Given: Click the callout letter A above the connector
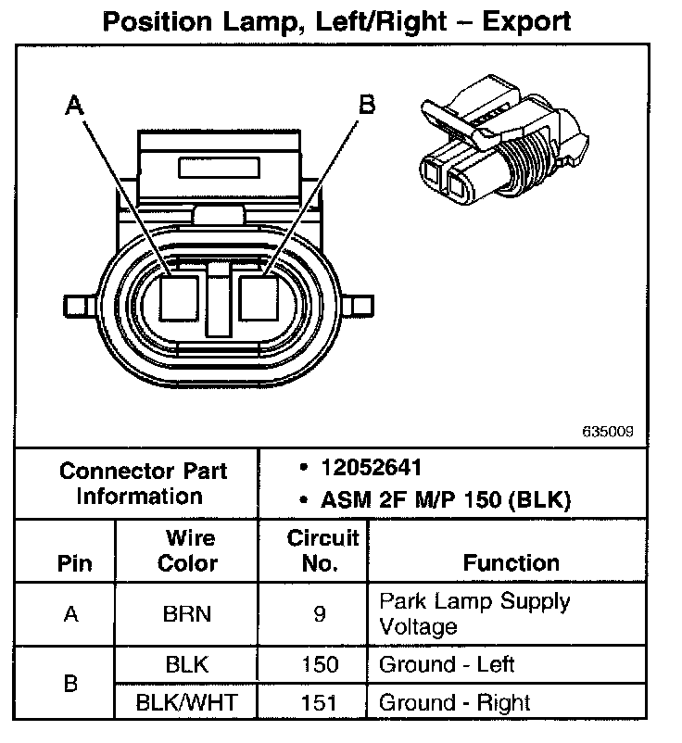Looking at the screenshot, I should click(x=75, y=106).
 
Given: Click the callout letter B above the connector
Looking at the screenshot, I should click(x=366, y=106).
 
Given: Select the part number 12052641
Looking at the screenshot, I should click(x=366, y=468).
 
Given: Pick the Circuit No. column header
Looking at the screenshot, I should click(x=322, y=550).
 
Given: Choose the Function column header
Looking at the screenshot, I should click(x=511, y=562).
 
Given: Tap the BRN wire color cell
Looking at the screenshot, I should click(x=185, y=613).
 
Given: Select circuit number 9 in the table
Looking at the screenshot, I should click(x=320, y=613).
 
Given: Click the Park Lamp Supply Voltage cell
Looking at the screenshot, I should click(x=474, y=613).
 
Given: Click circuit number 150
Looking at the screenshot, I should click(x=320, y=664).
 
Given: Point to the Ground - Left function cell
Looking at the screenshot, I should click(x=446, y=664).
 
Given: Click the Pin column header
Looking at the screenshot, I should click(x=75, y=563).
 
